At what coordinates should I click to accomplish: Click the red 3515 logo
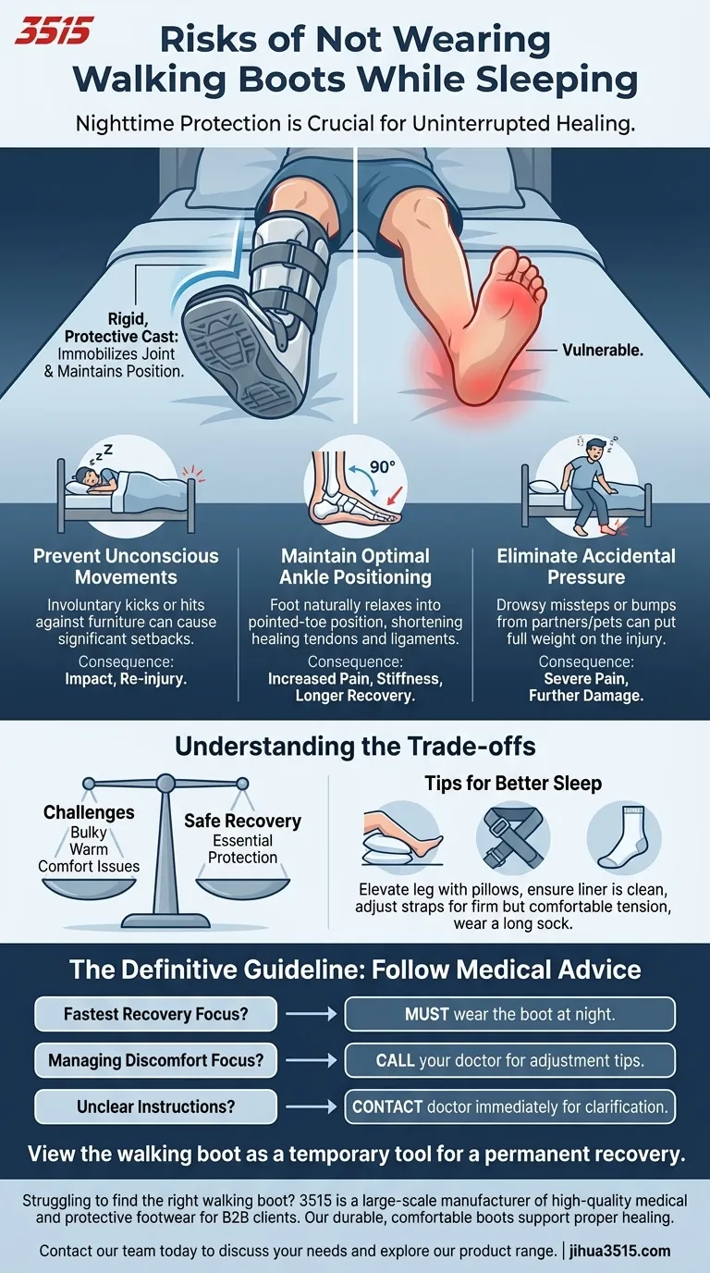[54, 31]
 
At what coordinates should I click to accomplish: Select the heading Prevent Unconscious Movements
[126, 566]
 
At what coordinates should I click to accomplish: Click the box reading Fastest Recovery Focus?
[155, 1014]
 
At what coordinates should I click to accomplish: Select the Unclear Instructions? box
[155, 1106]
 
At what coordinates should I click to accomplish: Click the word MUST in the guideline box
[426, 1014]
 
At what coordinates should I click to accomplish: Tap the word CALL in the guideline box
[395, 1060]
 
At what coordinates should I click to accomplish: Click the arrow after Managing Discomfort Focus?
[310, 1060]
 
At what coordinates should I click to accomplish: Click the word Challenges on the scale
[89, 812]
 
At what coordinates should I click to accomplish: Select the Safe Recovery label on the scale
[242, 821]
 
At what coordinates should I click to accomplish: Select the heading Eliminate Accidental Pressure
[586, 566]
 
